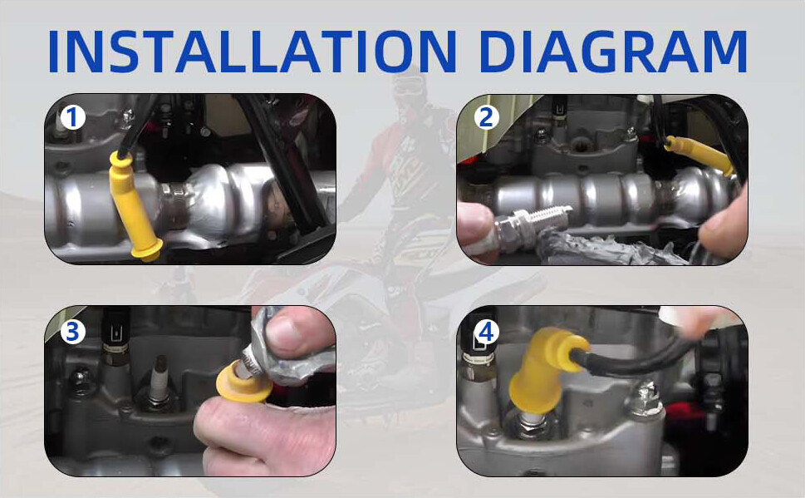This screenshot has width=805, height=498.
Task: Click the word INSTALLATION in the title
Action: pyautogui.click(x=252, y=52)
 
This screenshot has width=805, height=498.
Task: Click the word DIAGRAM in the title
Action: pyautogui.click(x=613, y=52)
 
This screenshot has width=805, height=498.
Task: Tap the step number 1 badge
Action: pyautogui.click(x=72, y=118)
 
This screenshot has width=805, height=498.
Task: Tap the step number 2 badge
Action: pyautogui.click(x=486, y=118)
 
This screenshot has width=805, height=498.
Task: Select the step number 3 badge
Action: pyautogui.click(x=72, y=332)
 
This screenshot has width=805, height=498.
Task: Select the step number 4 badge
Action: pyautogui.click(x=486, y=332)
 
